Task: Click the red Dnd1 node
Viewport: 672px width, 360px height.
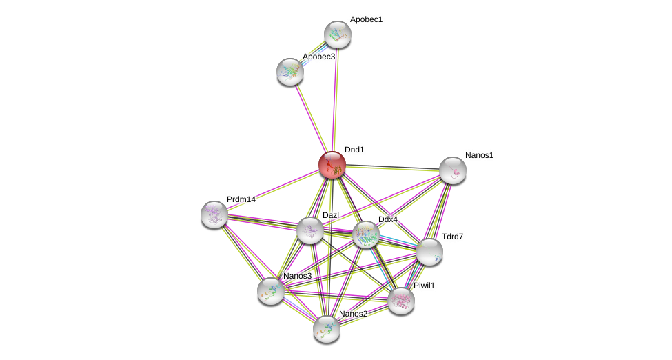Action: pyautogui.click(x=332, y=165)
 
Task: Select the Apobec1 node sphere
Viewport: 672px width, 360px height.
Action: pyautogui.click(x=338, y=34)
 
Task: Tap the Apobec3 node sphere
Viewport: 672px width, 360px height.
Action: pyautogui.click(x=290, y=71)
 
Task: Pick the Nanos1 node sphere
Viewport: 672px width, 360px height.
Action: pyautogui.click(x=453, y=170)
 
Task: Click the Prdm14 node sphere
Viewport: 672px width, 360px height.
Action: pyautogui.click(x=214, y=214)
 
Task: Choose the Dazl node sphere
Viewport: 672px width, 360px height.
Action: pyautogui.click(x=310, y=230)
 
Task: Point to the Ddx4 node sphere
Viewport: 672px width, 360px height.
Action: pyautogui.click(x=366, y=234)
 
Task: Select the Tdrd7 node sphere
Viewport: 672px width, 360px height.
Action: pyautogui.click(x=429, y=252)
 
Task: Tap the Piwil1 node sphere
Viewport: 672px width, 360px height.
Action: pyautogui.click(x=400, y=301)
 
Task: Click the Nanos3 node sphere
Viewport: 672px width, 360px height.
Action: pyautogui.click(x=271, y=290)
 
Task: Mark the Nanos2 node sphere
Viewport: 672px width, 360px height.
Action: pyautogui.click(x=327, y=329)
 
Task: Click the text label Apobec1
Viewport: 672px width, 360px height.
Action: pyautogui.click(x=366, y=19)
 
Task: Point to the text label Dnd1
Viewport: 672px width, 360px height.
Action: pyautogui.click(x=354, y=150)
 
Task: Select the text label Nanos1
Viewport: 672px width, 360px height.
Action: pyautogui.click(x=479, y=155)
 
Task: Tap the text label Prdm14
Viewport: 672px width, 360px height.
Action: pyautogui.click(x=241, y=199)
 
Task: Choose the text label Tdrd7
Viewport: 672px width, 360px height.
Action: pyautogui.click(x=452, y=237)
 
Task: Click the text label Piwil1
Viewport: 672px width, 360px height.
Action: pyautogui.click(x=424, y=286)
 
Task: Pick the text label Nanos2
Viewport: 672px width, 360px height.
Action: pyautogui.click(x=353, y=314)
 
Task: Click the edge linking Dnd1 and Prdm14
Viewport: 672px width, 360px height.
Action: pyautogui.click(x=273, y=190)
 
